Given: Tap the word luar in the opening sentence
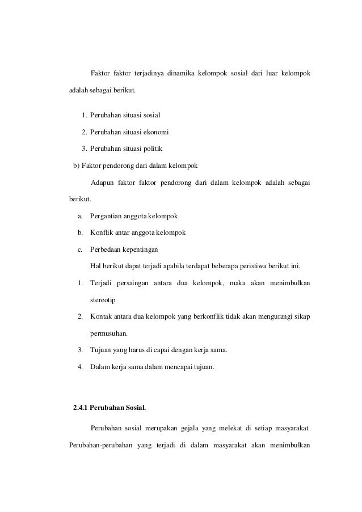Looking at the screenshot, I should (x=268, y=74).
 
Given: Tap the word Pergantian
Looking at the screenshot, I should (x=108, y=217).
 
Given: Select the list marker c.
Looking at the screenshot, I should (x=80, y=249).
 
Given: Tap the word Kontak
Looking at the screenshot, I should (x=102, y=316).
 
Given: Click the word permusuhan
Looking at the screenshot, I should (x=109, y=333).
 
